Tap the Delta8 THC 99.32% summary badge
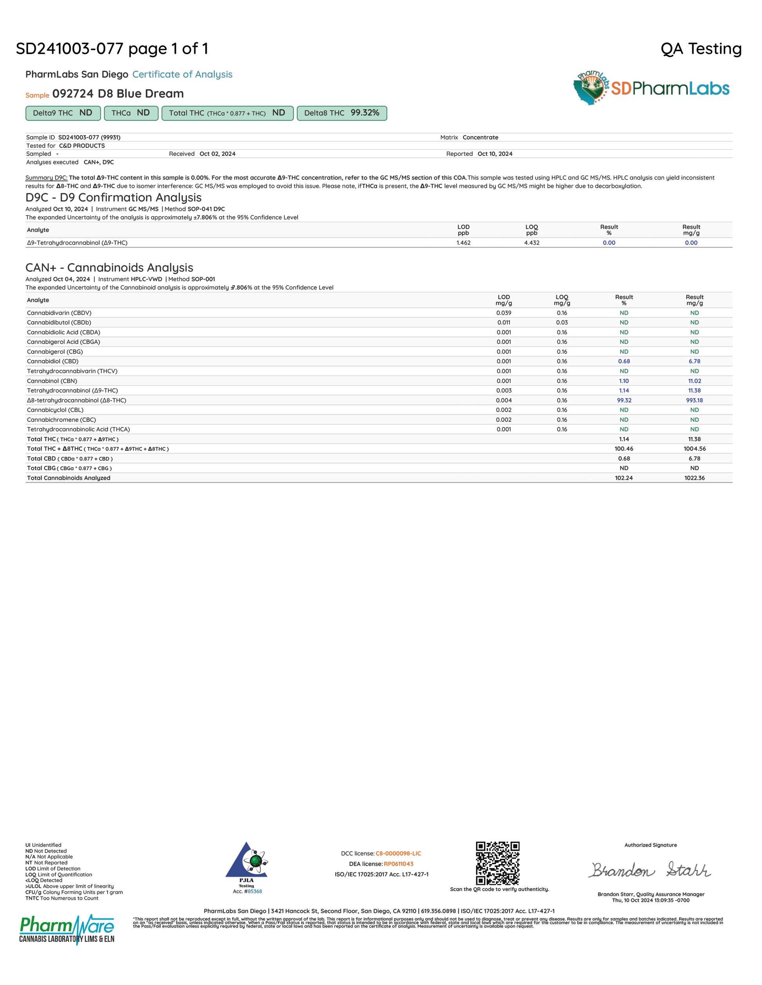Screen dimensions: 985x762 (342, 113)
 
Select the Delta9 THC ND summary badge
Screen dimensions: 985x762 (62, 113)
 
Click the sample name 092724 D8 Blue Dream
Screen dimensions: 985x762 (118, 94)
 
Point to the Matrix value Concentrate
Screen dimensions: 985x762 (480, 138)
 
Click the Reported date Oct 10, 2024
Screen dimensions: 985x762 (495, 154)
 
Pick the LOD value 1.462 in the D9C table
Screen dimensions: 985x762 (463, 243)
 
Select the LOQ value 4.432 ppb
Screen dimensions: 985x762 (532, 243)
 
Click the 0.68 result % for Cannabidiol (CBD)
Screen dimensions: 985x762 (624, 361)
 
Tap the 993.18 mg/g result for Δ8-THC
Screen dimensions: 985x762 (694, 401)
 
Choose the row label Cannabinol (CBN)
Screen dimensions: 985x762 (52, 381)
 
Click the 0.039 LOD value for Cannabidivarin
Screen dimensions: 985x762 (504, 313)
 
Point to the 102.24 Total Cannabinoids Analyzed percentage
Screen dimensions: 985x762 (624, 478)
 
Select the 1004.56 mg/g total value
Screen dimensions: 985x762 (694, 449)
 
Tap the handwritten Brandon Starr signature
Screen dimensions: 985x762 (650, 870)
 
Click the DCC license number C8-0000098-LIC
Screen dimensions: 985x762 (398, 853)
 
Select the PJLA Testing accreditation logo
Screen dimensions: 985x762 (246, 864)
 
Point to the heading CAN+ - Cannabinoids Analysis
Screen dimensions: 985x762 (109, 268)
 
